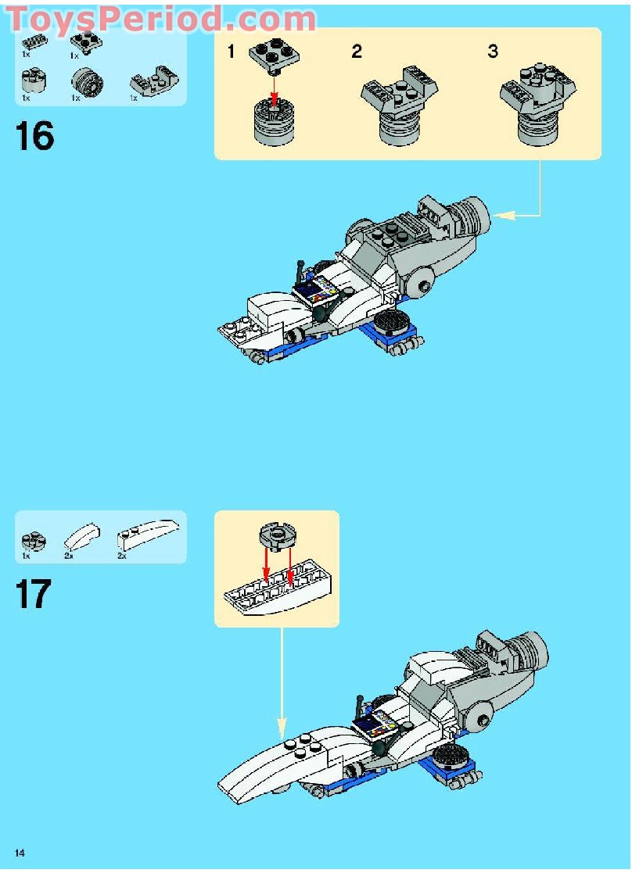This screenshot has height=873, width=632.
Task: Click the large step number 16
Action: pos(34,137)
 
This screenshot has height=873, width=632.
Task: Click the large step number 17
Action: pos(33,595)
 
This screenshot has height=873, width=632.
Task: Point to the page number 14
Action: pos(20,852)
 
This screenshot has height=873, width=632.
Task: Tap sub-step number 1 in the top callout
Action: pos(231,52)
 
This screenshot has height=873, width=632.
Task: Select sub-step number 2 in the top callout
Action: pos(357,52)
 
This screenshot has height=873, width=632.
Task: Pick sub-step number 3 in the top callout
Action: pos(492,52)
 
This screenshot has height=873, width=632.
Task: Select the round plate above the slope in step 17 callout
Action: pos(275,535)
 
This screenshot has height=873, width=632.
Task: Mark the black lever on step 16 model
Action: pos(300,273)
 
